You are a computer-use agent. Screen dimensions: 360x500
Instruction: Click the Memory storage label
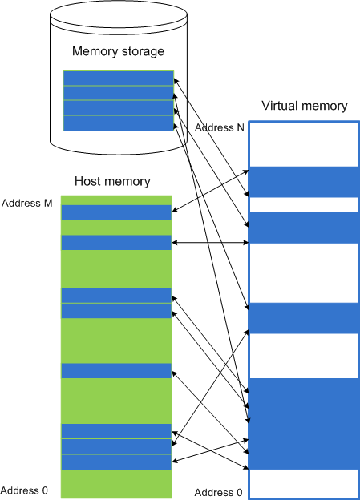point(118,51)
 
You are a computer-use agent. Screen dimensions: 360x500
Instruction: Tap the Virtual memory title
point(305,106)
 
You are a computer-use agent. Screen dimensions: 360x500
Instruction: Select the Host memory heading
point(112,181)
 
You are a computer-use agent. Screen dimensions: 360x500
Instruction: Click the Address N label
point(219,127)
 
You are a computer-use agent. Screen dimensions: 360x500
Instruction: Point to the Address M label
point(26,204)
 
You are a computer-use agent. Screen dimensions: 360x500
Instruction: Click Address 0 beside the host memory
point(24,490)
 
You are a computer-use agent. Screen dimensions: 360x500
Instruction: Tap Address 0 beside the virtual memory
point(218,492)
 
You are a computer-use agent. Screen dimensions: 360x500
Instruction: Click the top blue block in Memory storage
point(119,78)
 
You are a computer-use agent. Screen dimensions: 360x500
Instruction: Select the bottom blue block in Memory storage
point(119,123)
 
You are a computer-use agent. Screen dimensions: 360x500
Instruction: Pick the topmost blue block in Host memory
point(116,212)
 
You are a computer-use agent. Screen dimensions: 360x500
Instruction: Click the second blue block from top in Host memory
point(116,243)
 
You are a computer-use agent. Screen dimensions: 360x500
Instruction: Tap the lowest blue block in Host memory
point(116,462)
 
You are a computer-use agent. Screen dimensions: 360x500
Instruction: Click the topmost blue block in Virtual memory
point(305,182)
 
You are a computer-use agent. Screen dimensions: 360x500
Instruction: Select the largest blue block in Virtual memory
point(305,424)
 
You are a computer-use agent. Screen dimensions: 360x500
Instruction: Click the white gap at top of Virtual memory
point(305,144)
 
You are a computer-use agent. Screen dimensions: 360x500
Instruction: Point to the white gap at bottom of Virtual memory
point(305,484)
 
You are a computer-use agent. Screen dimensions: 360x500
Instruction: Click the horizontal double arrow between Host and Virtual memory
point(210,243)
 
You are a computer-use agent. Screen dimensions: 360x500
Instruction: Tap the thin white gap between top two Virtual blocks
point(305,204)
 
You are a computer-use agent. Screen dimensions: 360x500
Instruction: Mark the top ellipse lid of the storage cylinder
point(119,14)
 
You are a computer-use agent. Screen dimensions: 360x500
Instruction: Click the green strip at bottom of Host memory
point(116,484)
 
